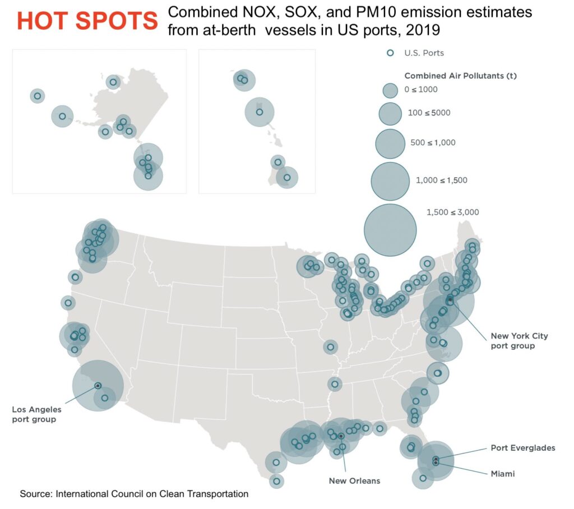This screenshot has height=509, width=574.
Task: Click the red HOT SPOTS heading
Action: click(x=87, y=21)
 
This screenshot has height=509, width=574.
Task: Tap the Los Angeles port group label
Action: click(x=36, y=414)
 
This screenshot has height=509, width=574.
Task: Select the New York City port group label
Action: click(x=519, y=341)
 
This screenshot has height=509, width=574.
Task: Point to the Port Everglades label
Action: click(x=523, y=447)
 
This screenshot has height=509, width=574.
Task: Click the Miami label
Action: click(x=503, y=474)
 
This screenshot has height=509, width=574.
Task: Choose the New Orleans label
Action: click(x=354, y=480)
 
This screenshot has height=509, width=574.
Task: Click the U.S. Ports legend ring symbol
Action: click(x=390, y=53)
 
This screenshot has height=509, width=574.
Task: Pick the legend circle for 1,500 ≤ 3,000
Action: click(x=390, y=230)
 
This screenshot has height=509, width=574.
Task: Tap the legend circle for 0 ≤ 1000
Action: click(x=390, y=90)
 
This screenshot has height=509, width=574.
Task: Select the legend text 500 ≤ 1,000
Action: click(x=433, y=142)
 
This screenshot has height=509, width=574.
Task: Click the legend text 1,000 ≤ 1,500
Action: click(x=442, y=180)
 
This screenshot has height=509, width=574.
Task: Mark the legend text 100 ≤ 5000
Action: click(x=429, y=113)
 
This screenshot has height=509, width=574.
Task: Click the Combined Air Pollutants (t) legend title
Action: click(x=461, y=76)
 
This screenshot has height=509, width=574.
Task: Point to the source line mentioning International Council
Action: click(x=134, y=494)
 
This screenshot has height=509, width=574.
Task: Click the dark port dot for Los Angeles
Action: click(x=98, y=386)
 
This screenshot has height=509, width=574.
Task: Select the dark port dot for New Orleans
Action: click(x=341, y=436)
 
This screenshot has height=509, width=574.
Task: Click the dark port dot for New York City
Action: click(x=450, y=300)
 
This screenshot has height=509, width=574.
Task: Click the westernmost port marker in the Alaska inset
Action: click(x=38, y=96)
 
